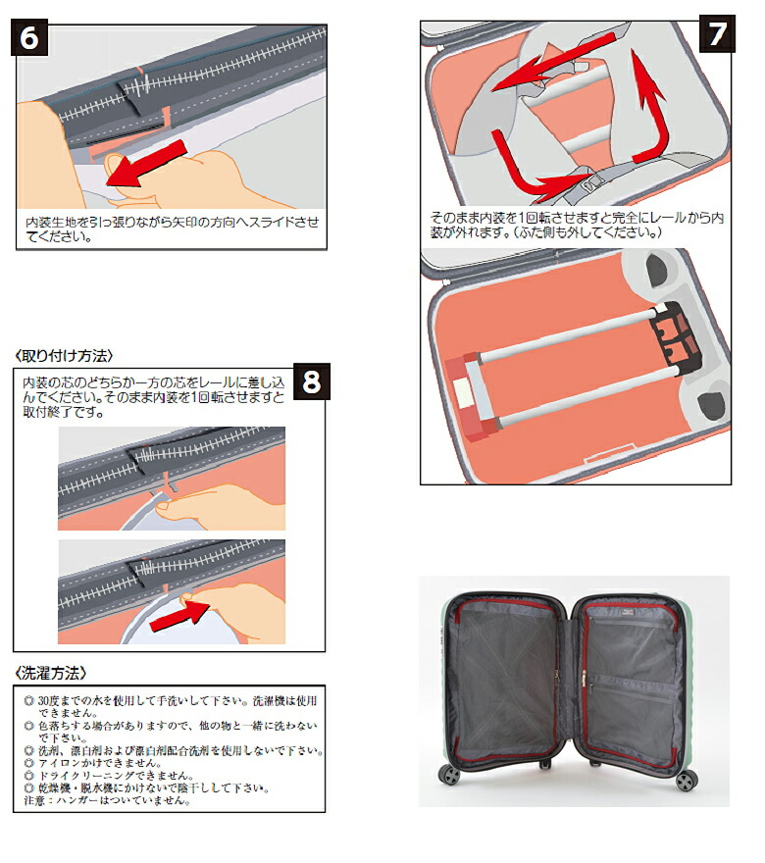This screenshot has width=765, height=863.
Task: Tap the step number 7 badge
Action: pos(718,33)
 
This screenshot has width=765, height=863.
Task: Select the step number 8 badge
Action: pos(311,381)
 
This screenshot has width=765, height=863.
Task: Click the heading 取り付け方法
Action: pos(65,355)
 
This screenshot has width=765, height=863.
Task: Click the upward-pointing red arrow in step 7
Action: pos(652,108)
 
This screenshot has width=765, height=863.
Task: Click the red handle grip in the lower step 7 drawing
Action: pos(472,396)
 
